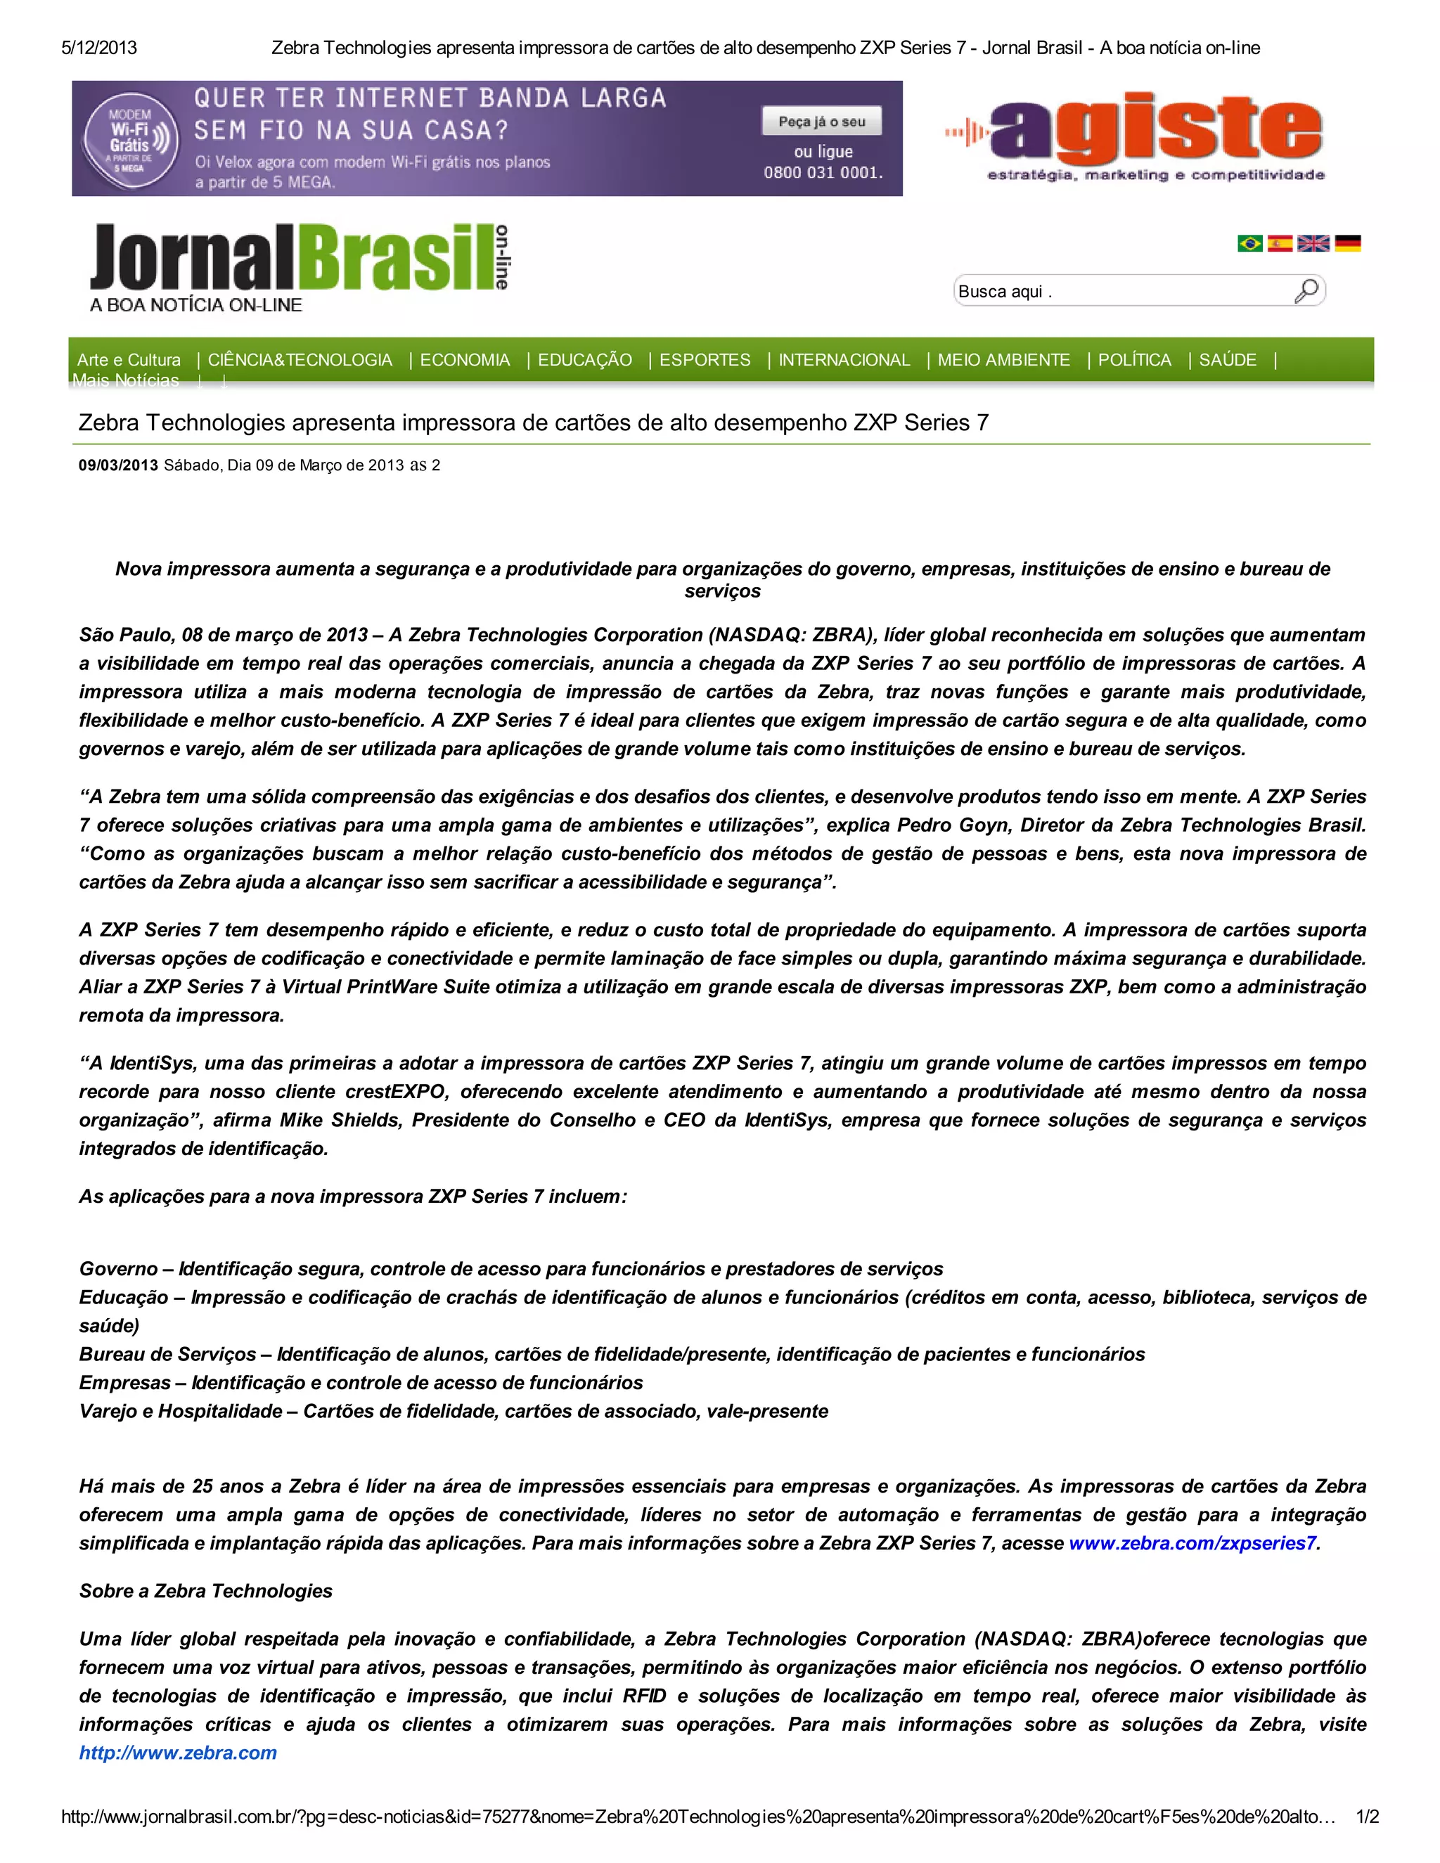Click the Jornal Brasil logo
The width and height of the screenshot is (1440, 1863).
(x=299, y=267)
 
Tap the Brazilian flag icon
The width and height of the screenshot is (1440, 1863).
(x=1249, y=243)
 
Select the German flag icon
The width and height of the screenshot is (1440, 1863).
(x=1348, y=243)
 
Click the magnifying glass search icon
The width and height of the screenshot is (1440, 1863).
(x=1306, y=291)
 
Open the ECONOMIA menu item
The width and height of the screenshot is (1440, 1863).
(x=465, y=360)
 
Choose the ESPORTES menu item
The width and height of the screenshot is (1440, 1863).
(x=705, y=360)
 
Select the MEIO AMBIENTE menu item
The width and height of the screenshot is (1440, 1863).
(x=1003, y=360)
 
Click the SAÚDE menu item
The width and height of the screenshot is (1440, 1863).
(x=1228, y=360)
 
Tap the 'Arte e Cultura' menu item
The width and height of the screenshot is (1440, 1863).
(x=129, y=360)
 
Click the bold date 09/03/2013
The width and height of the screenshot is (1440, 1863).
(x=117, y=465)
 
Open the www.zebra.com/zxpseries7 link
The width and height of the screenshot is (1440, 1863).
(x=1192, y=1542)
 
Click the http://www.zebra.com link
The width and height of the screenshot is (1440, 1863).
(x=179, y=1752)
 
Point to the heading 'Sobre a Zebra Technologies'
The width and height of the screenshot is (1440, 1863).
(x=205, y=1590)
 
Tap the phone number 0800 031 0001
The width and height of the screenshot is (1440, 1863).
(x=823, y=172)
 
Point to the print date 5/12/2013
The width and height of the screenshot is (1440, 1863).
(x=99, y=48)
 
